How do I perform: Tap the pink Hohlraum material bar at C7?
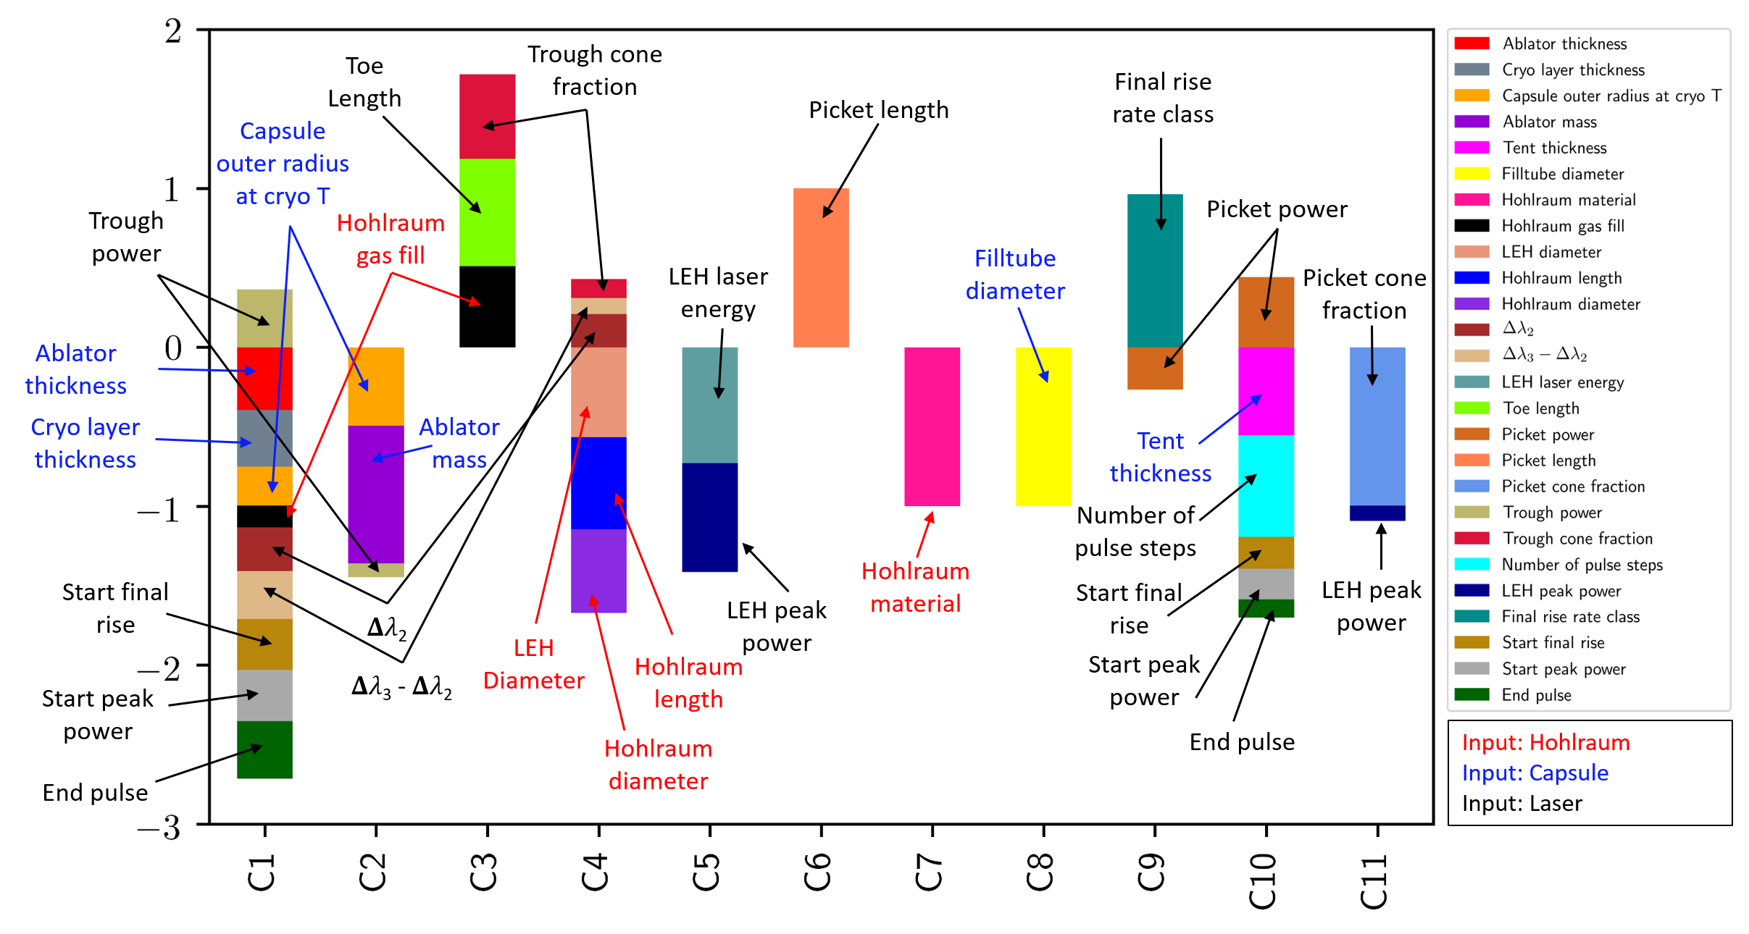(x=932, y=427)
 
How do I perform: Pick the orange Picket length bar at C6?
(x=821, y=268)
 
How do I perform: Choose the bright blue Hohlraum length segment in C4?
(x=598, y=483)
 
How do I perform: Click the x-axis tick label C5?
(x=707, y=872)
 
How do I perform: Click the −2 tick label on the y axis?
(x=161, y=668)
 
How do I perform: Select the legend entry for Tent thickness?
(x=1554, y=148)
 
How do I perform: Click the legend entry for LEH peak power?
(x=1561, y=591)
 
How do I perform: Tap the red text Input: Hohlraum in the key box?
(x=1545, y=743)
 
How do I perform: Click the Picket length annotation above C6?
(x=878, y=110)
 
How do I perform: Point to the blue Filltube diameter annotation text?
(x=1015, y=274)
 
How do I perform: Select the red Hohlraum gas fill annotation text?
(x=391, y=239)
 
